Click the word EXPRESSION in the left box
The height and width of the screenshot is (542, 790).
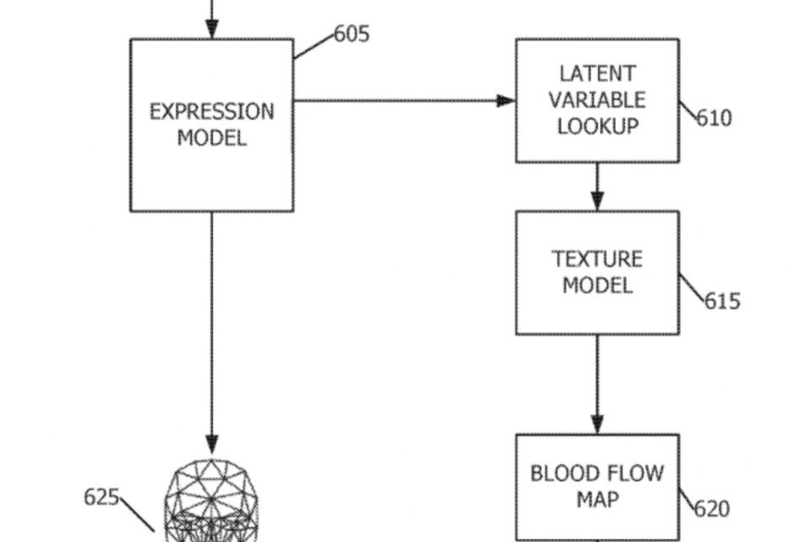point(212,113)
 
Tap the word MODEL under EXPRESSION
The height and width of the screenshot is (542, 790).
point(212,138)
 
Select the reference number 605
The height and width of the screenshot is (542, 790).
point(351,35)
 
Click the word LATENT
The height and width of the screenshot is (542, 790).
point(597,74)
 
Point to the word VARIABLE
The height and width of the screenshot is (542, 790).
point(597,100)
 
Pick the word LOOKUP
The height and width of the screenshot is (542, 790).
point(597,126)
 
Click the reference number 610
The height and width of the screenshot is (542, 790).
point(715,118)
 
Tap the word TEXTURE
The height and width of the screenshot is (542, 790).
point(597,258)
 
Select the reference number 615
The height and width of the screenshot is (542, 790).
point(722,301)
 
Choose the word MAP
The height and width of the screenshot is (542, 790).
point(597,499)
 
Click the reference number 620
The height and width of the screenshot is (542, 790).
point(711,509)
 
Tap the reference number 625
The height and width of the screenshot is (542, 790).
point(101,496)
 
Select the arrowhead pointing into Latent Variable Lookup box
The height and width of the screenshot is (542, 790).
point(505,101)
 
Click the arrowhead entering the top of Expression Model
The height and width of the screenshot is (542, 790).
point(212,29)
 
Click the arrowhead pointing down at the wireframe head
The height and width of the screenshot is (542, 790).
point(212,442)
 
